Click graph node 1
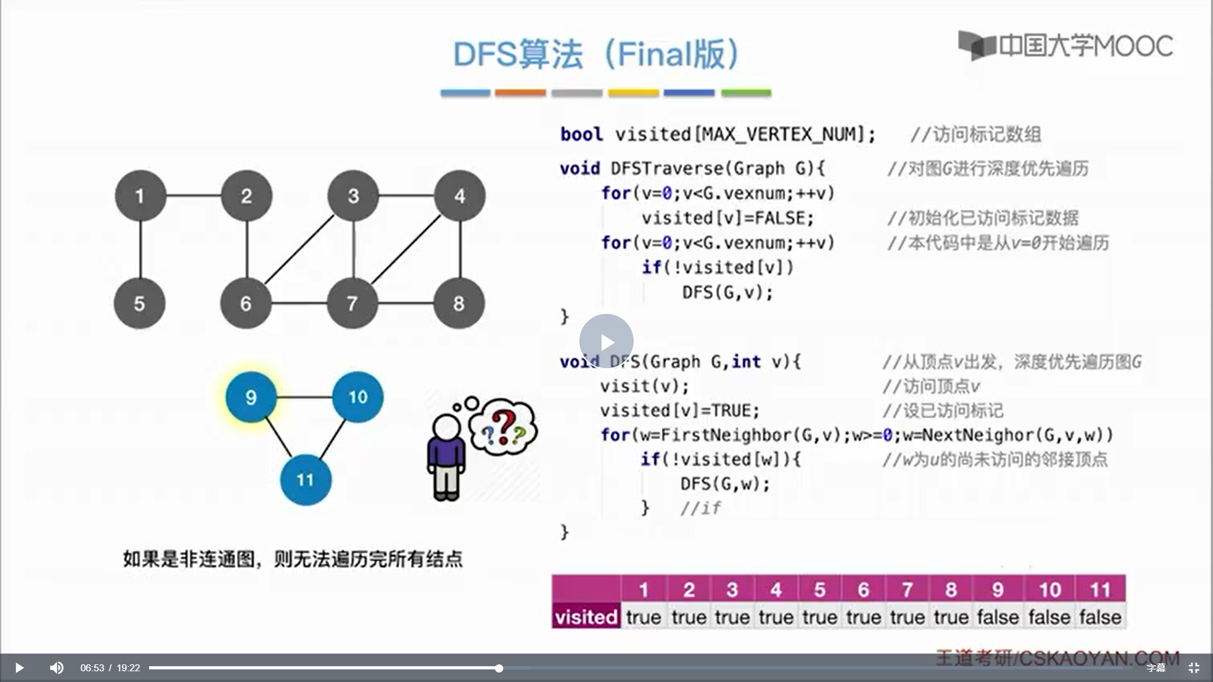click(140, 196)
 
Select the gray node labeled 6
click(246, 303)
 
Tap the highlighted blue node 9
click(251, 397)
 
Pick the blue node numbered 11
click(305, 480)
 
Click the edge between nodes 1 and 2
click(193, 196)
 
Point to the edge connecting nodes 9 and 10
click(305, 397)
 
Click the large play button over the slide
click(606, 342)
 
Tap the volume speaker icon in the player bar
click(56, 667)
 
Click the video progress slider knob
click(499, 668)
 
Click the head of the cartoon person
click(447, 428)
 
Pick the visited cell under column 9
click(998, 617)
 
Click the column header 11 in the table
click(1100, 589)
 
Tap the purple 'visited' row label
click(586, 616)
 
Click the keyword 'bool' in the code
click(581, 135)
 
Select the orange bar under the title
click(520, 93)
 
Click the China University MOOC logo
click(1066, 45)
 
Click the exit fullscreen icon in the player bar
click(1193, 667)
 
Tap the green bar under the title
click(746, 93)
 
